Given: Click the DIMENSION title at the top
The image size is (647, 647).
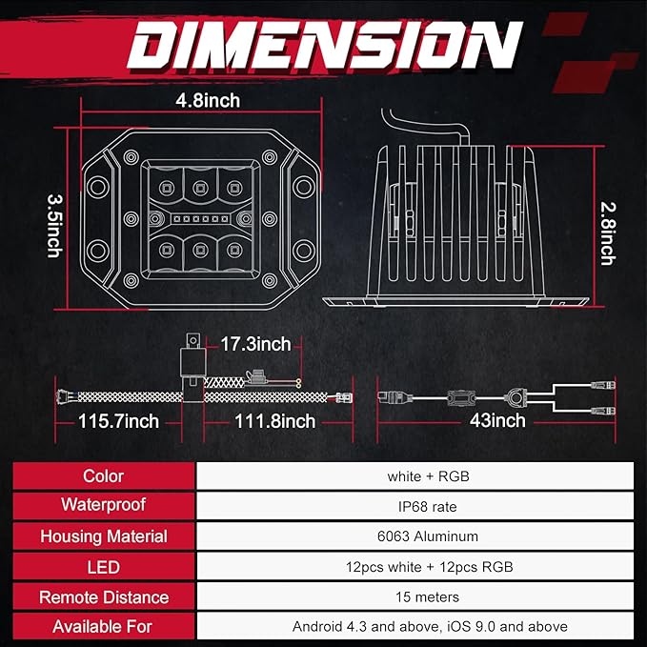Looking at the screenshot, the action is pos(325,45).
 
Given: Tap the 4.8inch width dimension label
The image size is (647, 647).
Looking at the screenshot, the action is pos(208,100).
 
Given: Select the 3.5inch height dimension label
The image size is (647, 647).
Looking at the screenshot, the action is pos(54,226).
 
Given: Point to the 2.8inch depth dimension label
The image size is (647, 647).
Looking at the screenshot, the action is pos(608,233).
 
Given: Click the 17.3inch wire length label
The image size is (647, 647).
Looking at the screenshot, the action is pos(255,344).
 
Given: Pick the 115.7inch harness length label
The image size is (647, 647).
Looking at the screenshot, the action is pos(118,421).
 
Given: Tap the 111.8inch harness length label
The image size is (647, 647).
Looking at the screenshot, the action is pos(274,421).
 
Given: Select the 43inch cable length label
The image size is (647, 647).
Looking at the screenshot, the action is pos(497,420).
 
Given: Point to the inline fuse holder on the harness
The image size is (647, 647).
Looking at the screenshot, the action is pos(256,377).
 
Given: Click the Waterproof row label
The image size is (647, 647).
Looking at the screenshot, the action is pos(104,505).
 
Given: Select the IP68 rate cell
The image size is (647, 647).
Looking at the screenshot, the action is pos(428,506).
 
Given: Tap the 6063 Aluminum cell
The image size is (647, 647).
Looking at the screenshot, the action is pos(428,536).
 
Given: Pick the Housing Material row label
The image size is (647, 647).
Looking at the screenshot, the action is pos(104,536).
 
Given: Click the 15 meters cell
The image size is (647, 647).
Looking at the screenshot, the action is pos(428,596).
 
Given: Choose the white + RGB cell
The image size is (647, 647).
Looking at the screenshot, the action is pos(428,476).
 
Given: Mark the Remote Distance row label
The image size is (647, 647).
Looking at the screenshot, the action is pos(104,597).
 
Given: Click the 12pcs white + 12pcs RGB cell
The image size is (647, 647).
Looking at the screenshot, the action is pos(429,567).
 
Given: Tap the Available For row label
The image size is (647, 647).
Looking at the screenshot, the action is pos(102,627).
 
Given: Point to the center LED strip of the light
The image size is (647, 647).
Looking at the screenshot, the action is pos(200,219).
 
